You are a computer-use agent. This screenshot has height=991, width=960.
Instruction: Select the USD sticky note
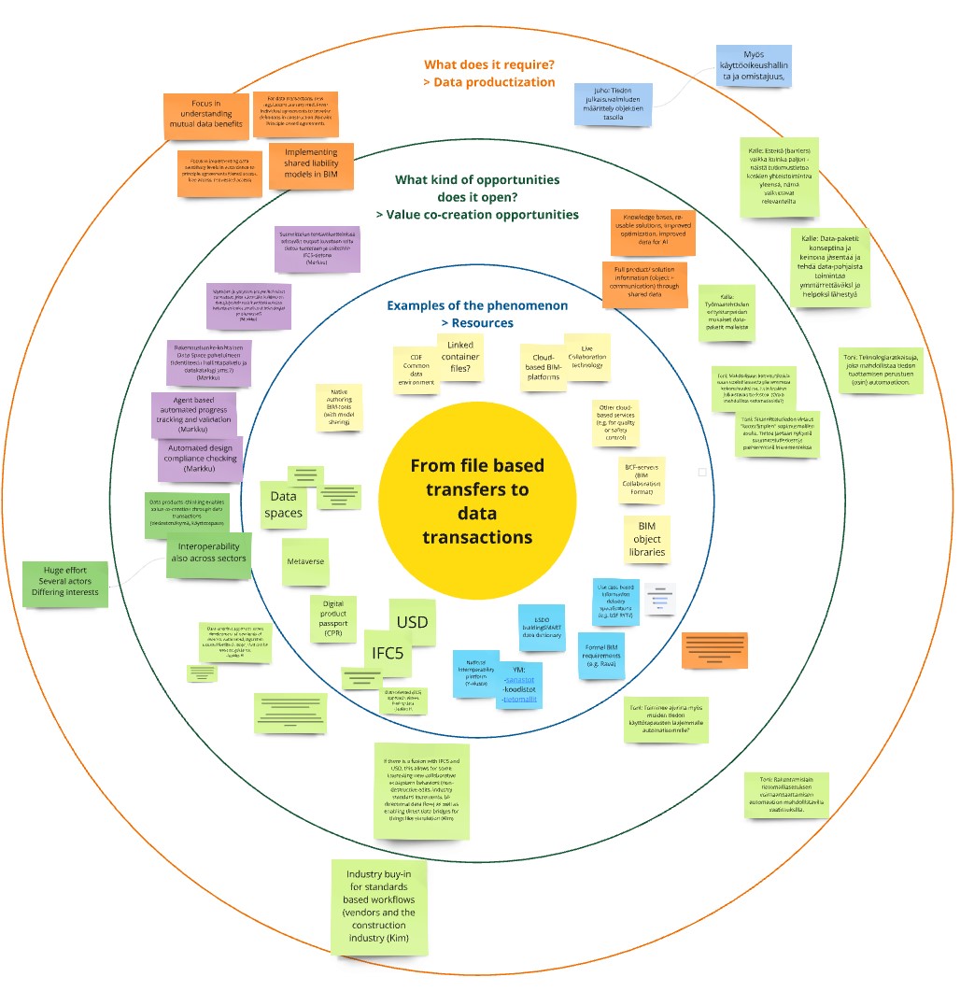(412, 623)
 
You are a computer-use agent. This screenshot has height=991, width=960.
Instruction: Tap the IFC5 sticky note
(388, 652)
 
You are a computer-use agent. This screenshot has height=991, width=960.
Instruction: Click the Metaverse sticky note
(305, 562)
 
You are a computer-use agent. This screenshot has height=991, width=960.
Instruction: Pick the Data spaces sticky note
(283, 504)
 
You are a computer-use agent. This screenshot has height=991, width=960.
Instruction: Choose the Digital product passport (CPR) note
(333, 618)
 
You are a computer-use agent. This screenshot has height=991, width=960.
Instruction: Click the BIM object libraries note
(646, 540)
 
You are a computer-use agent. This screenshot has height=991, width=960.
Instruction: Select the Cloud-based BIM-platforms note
(544, 367)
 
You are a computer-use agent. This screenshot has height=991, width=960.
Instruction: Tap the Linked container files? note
(460, 358)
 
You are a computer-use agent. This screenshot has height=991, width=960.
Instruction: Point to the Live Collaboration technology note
(587, 358)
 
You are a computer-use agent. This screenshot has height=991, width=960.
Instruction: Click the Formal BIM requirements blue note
(600, 655)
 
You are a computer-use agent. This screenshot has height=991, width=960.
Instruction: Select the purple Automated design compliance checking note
(201, 459)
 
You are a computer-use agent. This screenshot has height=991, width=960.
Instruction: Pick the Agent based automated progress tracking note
(193, 415)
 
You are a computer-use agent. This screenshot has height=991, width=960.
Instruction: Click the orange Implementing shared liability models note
(311, 166)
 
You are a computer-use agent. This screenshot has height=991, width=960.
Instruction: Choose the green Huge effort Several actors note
(65, 583)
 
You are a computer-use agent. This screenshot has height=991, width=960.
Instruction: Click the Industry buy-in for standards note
(379, 906)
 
